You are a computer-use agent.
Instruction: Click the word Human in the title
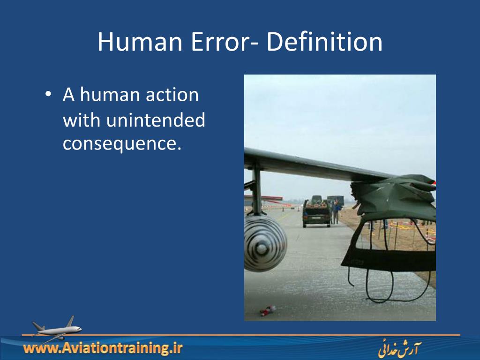coord(139,42)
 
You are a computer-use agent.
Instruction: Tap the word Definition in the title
coord(324,42)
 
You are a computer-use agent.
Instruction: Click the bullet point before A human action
coord(48,94)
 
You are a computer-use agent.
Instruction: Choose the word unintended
coord(155,120)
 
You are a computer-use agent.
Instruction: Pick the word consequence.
coord(122,144)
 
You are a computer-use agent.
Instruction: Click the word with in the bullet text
coord(81,120)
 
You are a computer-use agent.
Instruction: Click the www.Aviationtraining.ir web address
coord(103,348)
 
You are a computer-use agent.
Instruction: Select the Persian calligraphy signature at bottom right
coord(399,350)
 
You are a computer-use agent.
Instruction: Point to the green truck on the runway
coord(316,214)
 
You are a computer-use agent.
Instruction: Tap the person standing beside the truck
coord(336,211)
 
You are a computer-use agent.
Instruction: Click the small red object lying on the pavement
coord(268,310)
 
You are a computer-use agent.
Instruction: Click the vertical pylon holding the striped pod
coord(256,187)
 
